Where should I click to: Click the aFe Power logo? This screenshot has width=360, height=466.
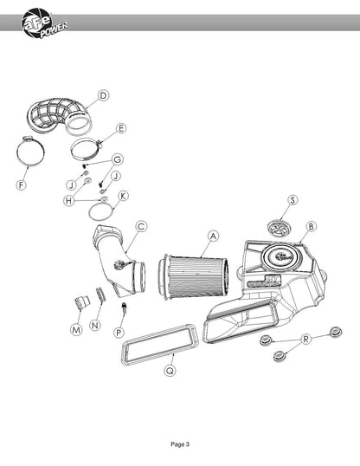point(44,23)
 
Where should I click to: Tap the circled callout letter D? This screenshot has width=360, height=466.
point(103,95)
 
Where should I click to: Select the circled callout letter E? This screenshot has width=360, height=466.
point(120,128)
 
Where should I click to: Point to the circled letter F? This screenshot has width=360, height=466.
point(21,185)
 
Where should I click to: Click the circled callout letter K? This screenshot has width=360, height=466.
point(123,196)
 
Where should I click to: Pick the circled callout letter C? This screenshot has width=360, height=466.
point(141,226)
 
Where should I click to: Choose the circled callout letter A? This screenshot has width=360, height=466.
point(213,236)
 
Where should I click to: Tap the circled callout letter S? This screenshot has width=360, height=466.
point(292,200)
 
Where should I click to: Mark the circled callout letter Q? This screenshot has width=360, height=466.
point(170,371)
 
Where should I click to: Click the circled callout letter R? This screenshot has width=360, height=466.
point(306,339)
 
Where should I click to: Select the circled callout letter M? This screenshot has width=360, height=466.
point(76,330)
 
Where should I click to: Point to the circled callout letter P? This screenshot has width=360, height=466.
point(119,333)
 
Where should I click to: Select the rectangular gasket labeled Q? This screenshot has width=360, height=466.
point(159,345)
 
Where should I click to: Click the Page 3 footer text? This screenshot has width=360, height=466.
point(180,444)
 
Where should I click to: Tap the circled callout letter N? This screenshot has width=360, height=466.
point(94,325)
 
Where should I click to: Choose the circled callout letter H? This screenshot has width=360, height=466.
point(68,201)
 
